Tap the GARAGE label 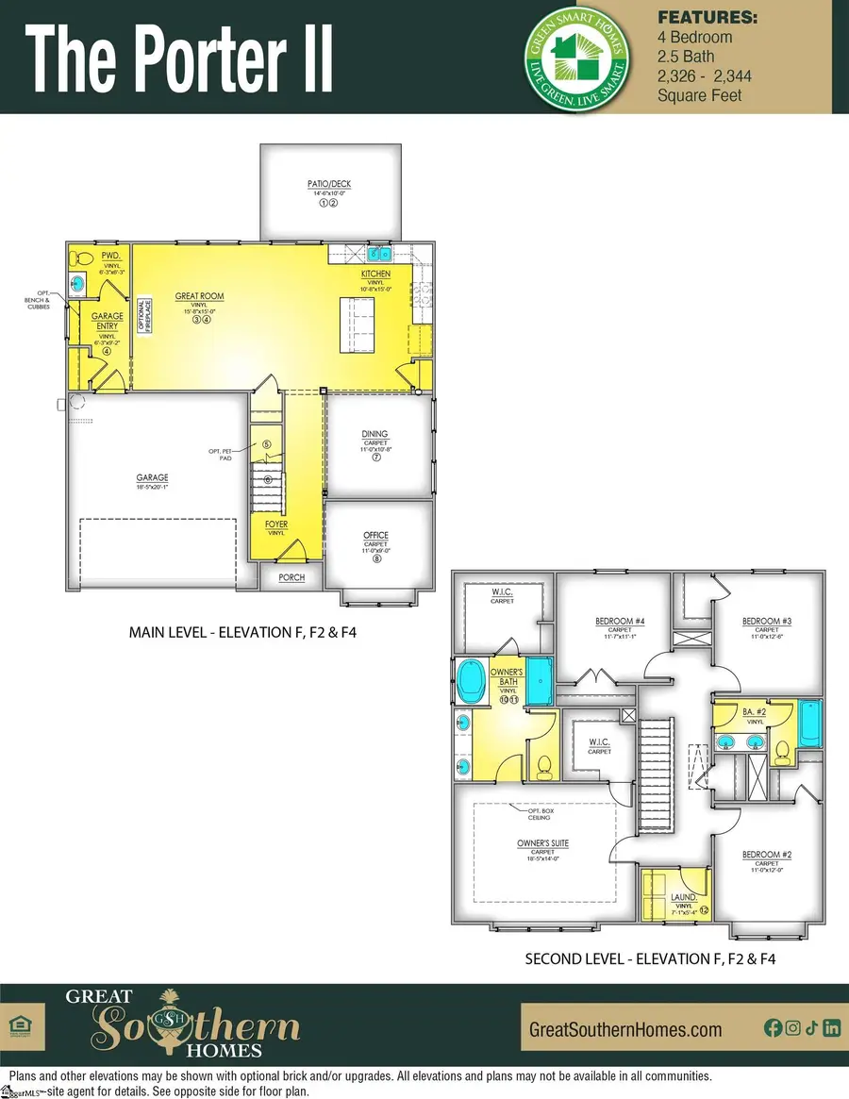pyautogui.click(x=151, y=478)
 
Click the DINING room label pyautogui.click(x=375, y=434)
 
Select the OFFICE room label pyautogui.click(x=375, y=536)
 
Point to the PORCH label pyautogui.click(x=291, y=577)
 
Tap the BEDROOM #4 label pyautogui.click(x=619, y=621)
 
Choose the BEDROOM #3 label pyautogui.click(x=766, y=621)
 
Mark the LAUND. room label pyautogui.click(x=683, y=897)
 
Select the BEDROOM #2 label pyautogui.click(x=766, y=855)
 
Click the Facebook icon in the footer pyautogui.click(x=773, y=1029)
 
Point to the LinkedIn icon pyautogui.click(x=831, y=1029)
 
